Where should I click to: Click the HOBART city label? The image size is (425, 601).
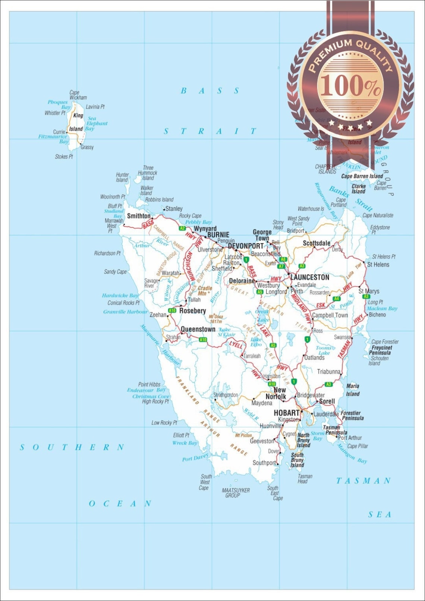[x=287, y=413]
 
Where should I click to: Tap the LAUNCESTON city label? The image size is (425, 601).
[x=310, y=277]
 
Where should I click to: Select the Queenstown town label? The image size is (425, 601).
[x=198, y=329]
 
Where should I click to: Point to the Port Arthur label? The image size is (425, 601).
[x=350, y=438]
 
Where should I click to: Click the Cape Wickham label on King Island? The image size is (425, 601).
[x=78, y=95]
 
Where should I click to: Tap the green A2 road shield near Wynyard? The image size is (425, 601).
[x=182, y=228]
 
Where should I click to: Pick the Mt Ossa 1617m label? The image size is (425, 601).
[x=216, y=319]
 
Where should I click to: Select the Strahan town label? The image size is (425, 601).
[x=173, y=337]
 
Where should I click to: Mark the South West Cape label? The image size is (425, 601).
[x=205, y=482]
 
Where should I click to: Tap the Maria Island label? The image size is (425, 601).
[x=353, y=390]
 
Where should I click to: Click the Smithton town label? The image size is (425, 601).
[x=139, y=216]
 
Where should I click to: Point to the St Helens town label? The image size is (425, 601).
[x=378, y=264]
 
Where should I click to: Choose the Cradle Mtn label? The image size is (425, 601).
[x=205, y=290]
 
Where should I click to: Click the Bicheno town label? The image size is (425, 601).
[x=377, y=315]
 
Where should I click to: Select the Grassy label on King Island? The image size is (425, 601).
[x=87, y=147]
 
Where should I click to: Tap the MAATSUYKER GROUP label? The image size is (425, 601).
[x=236, y=493]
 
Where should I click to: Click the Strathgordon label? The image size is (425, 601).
[x=226, y=395]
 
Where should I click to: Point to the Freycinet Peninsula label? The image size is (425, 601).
[x=380, y=350]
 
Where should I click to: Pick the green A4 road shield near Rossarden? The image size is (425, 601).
[x=337, y=299]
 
